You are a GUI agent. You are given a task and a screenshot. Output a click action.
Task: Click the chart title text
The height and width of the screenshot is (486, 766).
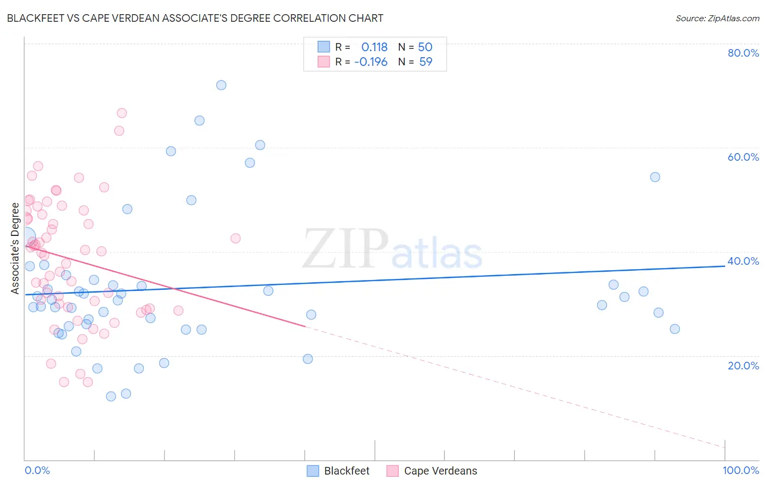click(x=195, y=18)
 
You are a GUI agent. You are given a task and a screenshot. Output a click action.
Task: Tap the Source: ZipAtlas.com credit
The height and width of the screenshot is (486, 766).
click(x=717, y=18)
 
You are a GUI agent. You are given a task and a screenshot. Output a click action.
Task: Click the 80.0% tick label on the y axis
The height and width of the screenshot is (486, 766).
click(x=743, y=53)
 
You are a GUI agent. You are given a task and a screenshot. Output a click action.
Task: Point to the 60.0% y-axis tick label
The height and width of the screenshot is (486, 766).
click(x=743, y=157)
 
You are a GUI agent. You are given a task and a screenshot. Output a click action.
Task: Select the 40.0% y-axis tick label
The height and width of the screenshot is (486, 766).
click(x=743, y=261)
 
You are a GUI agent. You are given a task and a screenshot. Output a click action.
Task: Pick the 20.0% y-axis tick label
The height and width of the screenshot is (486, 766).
click(x=743, y=366)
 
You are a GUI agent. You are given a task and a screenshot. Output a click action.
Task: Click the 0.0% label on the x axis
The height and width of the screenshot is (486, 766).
click(x=37, y=470)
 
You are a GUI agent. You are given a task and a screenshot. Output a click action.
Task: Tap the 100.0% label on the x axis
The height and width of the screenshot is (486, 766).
click(x=740, y=470)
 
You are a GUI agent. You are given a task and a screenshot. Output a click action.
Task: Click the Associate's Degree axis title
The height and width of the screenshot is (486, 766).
click(x=15, y=248)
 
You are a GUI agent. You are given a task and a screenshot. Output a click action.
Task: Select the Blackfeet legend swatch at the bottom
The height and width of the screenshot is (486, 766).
click(x=313, y=471)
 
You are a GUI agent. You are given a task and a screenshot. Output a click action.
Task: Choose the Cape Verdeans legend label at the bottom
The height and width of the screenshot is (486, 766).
click(x=440, y=471)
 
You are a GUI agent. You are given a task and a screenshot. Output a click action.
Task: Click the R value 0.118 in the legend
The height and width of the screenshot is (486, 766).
click(x=374, y=47)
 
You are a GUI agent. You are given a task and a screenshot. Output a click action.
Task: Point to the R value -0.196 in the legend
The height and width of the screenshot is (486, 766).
click(x=370, y=62)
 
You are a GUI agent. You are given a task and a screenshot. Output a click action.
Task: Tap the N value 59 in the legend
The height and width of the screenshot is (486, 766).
click(x=425, y=62)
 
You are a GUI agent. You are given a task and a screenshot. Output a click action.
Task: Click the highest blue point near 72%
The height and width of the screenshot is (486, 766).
click(x=221, y=85)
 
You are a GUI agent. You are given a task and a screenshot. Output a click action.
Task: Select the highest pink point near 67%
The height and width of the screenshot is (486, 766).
click(x=122, y=113)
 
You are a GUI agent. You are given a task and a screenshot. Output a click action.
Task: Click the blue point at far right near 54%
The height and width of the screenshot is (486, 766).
click(x=655, y=177)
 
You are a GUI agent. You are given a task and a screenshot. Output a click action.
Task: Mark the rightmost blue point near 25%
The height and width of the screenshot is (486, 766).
click(x=674, y=329)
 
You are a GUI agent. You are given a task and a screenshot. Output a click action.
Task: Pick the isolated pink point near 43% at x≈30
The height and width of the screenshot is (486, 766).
click(x=235, y=238)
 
